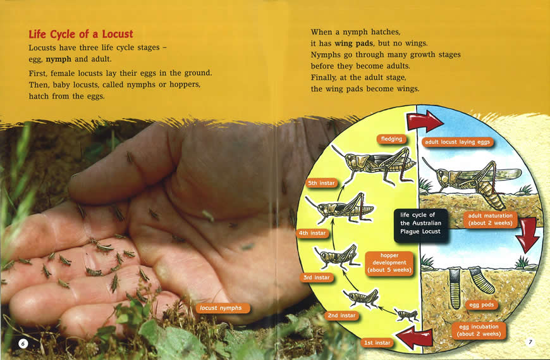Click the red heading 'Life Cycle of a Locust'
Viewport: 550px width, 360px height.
tap(81, 34)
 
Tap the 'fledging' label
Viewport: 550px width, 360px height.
tap(391, 139)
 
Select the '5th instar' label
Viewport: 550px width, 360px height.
tap(321, 183)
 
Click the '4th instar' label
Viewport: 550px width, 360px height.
tap(312, 233)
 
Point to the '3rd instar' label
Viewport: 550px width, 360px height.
tap(316, 278)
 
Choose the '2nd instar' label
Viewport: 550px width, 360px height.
tap(341, 316)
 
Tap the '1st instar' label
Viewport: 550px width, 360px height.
tap(377, 343)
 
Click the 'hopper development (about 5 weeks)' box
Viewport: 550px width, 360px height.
tap(389, 263)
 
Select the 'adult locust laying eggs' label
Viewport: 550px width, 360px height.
tap(458, 142)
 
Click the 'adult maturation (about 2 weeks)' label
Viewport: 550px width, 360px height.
tap(491, 220)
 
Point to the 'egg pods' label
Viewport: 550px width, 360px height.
tap(481, 305)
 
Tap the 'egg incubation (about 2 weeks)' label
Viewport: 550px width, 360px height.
tap(479, 330)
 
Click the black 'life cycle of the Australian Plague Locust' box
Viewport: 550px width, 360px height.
tap(420, 226)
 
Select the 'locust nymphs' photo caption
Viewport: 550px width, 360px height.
tap(221, 308)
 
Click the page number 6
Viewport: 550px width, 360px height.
tap(23, 344)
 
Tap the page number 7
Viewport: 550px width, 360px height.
tap(530, 342)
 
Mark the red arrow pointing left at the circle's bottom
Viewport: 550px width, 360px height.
tap(415, 338)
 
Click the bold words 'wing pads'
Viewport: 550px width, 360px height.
tap(353, 43)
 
